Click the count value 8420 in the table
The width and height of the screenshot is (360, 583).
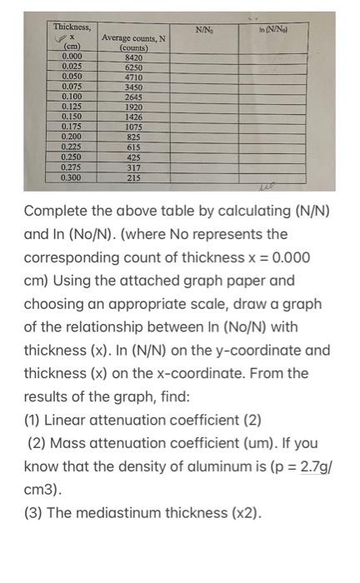(134, 57)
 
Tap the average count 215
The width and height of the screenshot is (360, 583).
(134, 177)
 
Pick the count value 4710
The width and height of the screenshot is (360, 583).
(134, 77)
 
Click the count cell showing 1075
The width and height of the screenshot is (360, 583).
(134, 127)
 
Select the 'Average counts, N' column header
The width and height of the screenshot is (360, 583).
(133, 38)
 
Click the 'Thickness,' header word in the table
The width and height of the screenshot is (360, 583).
(72, 27)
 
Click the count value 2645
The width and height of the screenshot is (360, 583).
(134, 97)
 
